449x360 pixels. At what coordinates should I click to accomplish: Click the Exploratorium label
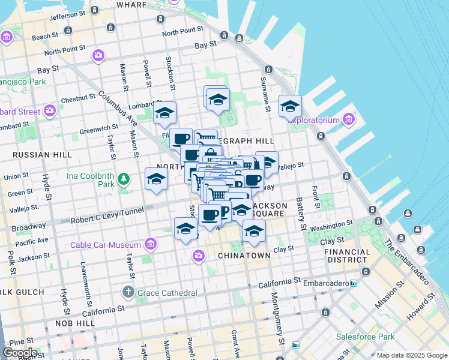[313, 120]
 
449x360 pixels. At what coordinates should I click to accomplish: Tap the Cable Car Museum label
[106, 245]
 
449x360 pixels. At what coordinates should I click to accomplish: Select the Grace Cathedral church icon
[128, 292]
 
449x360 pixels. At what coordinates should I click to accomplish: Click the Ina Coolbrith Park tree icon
[124, 178]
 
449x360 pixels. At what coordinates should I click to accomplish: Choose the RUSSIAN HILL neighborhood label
[42, 155]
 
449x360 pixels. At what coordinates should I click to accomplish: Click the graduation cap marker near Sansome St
[290, 107]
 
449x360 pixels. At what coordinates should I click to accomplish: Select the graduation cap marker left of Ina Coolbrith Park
[155, 178]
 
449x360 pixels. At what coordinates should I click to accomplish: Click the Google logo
[20, 353]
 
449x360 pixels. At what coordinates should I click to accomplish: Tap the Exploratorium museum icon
[348, 120]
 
